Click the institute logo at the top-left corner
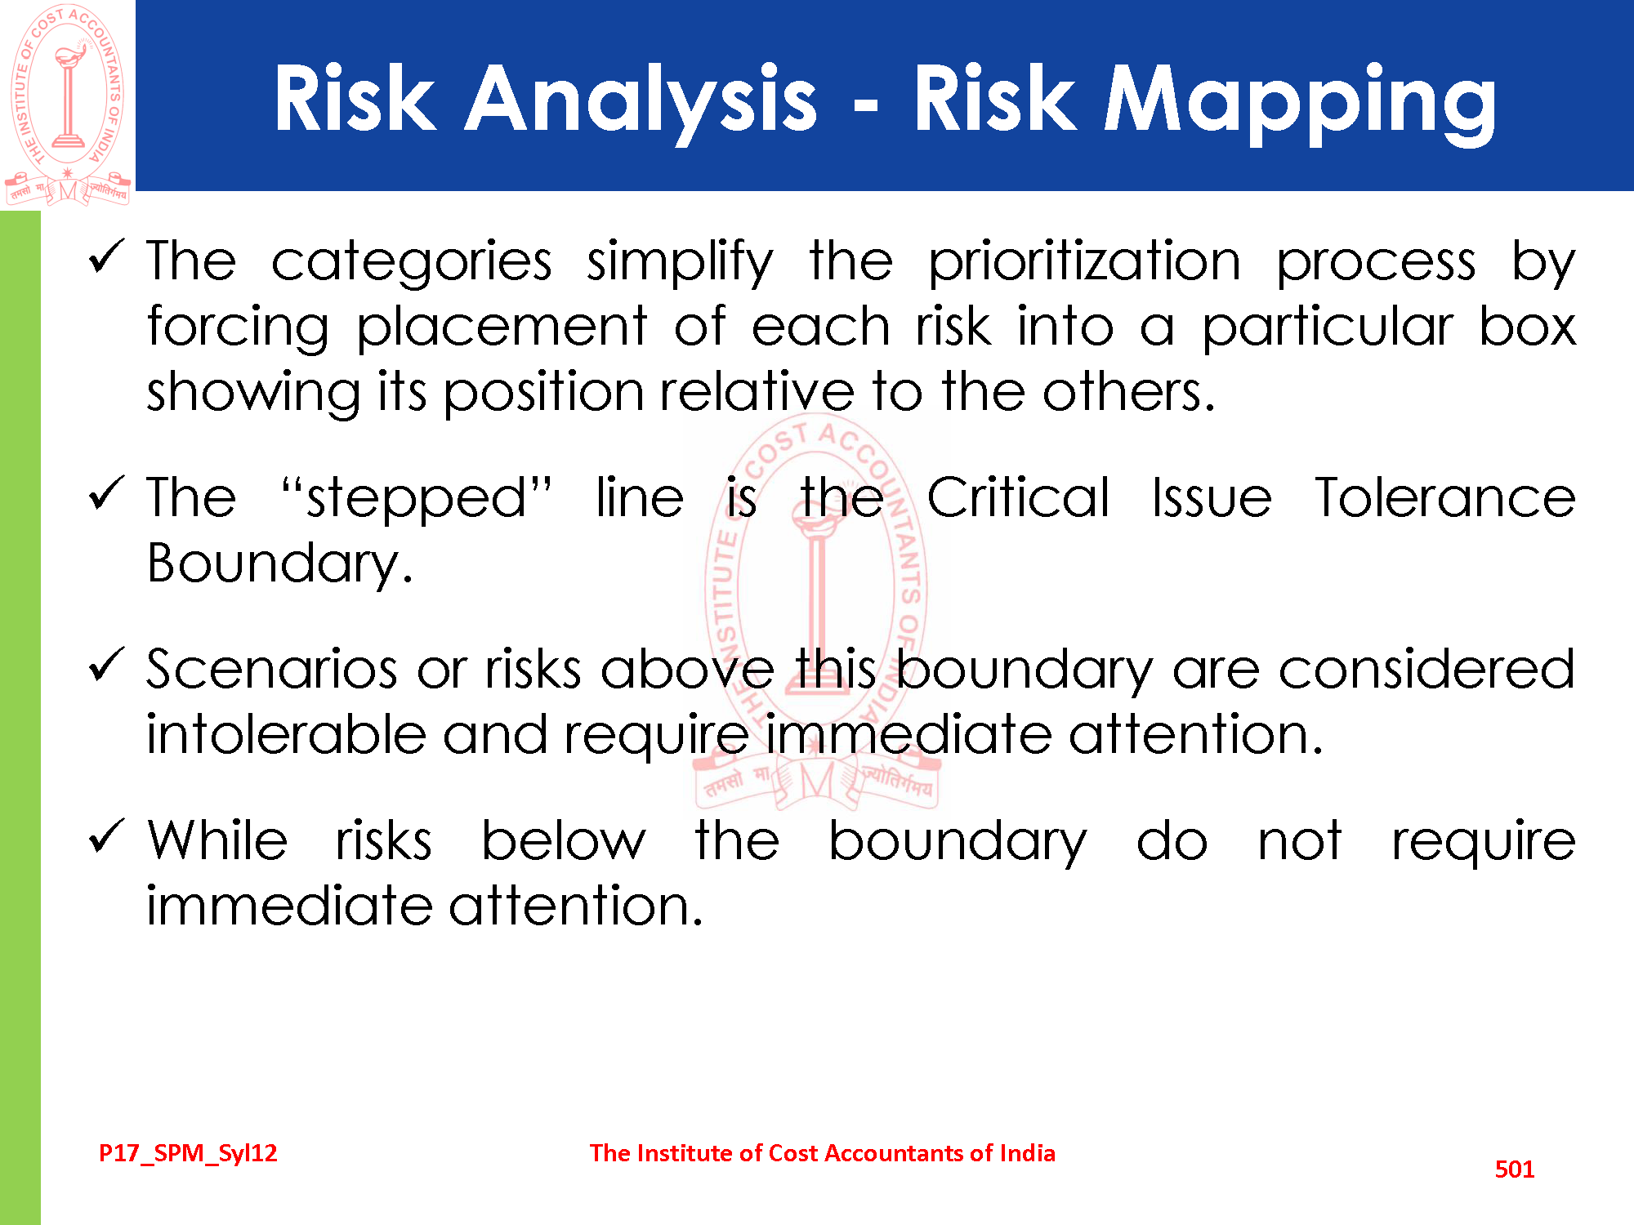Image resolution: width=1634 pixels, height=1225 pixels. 68,105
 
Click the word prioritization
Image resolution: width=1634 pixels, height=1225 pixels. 1085,263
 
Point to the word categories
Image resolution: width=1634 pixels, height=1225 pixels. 412,263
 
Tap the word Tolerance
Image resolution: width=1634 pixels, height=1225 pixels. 1445,497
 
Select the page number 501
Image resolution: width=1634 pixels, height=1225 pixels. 1515,1169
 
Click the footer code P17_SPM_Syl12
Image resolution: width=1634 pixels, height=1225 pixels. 188,1153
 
